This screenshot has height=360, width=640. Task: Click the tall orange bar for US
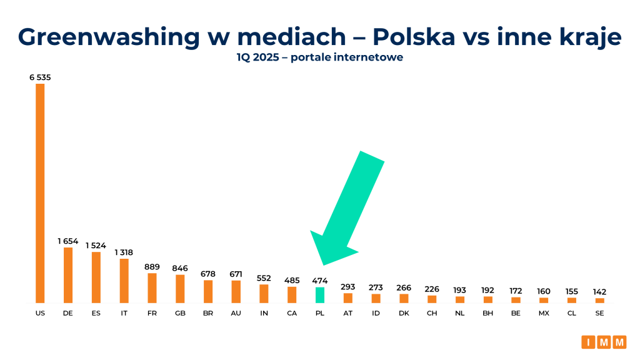40,193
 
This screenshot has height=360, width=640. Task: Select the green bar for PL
319,295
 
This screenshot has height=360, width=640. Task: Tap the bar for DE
68,275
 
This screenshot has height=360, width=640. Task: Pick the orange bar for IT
124,281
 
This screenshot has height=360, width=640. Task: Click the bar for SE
599,301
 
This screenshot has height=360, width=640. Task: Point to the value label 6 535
40,77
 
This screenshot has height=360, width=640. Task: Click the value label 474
319,281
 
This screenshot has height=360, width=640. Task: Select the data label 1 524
96,246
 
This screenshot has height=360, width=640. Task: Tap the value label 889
152,267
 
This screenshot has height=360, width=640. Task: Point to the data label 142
599,292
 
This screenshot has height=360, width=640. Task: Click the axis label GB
180,313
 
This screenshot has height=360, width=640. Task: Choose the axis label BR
208,313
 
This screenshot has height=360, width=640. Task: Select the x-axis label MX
544,313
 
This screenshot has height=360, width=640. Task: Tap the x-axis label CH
432,313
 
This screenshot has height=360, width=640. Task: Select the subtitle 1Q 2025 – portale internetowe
319,57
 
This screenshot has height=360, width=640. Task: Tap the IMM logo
604,342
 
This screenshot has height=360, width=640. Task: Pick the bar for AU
236,291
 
